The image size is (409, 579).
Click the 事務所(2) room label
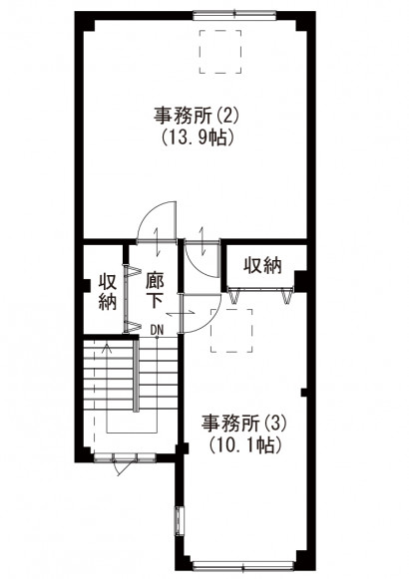(198, 116)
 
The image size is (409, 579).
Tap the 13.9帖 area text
(198, 139)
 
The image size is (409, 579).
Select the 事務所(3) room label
(243, 424)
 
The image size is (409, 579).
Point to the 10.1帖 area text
(244, 445)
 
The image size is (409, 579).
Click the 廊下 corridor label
(155, 291)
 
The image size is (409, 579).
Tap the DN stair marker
(157, 330)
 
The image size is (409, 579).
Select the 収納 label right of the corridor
(262, 265)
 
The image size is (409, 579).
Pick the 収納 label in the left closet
(108, 292)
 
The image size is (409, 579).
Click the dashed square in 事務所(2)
(220, 52)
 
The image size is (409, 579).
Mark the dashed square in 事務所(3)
(231, 331)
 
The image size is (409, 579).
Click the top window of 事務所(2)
(234, 15)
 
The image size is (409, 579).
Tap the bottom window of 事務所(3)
(243, 565)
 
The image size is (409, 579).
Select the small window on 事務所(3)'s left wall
(180, 519)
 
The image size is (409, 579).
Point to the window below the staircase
(125, 458)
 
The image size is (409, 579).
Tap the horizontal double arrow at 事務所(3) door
(180, 313)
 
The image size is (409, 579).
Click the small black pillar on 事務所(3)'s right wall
(304, 393)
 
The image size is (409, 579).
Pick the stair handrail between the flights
(137, 375)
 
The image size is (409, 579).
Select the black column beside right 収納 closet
(300, 281)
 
